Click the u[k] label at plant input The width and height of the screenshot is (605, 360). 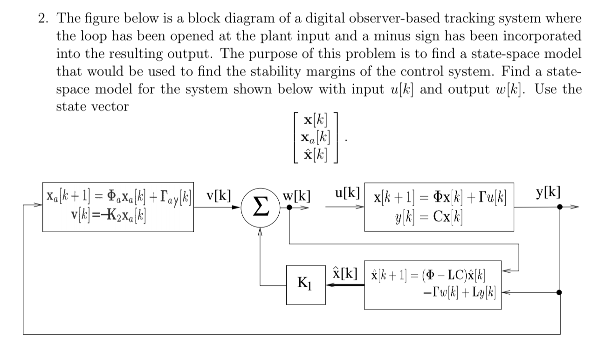[347, 193]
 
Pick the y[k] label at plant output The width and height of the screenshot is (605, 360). [549, 192]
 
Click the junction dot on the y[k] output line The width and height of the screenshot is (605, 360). [560, 207]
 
